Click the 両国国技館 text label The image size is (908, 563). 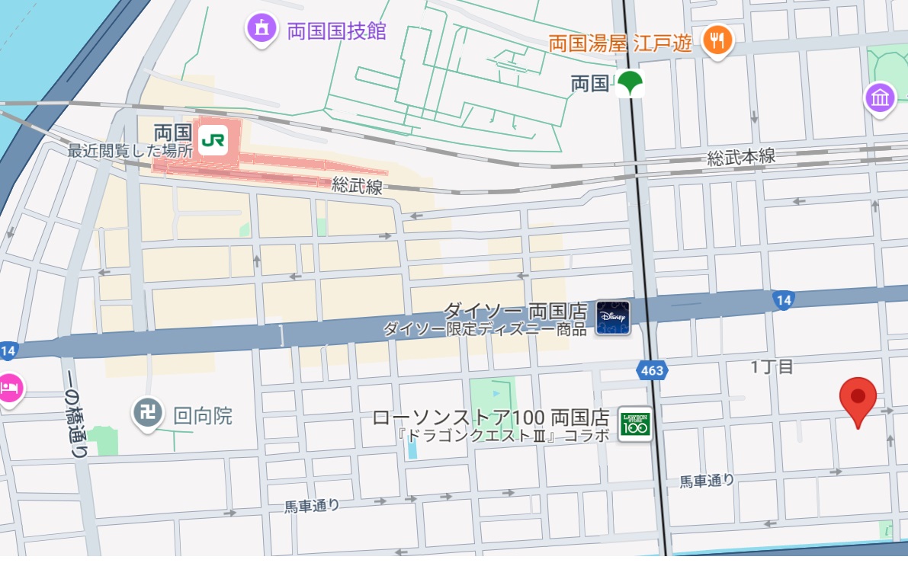point(336,31)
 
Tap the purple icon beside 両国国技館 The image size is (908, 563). point(261,29)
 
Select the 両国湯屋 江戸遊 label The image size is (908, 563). point(620,43)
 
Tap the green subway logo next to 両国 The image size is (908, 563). point(630,83)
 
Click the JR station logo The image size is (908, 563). point(212,141)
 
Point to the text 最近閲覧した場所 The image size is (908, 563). point(130,151)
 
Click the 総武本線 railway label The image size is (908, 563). point(740,157)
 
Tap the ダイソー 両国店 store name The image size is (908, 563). point(515,311)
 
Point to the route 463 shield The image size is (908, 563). point(652,370)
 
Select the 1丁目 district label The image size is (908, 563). point(772,367)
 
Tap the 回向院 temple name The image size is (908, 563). point(203,416)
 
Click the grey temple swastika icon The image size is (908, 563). point(148,414)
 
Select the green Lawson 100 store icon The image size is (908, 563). point(635,424)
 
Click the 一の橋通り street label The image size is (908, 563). point(75,420)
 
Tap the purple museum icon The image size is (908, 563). point(881,98)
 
